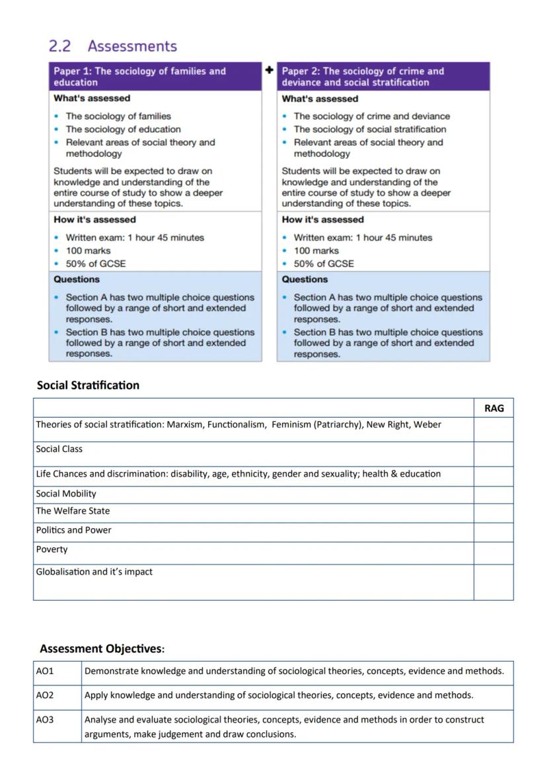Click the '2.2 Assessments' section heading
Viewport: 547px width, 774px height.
point(113,46)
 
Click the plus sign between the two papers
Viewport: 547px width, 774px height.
point(270,69)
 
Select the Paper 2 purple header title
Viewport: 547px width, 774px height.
point(363,77)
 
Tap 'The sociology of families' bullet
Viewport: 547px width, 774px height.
point(118,116)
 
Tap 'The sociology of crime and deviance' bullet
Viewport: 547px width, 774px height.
point(372,116)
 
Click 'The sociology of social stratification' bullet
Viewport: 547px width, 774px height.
point(370,130)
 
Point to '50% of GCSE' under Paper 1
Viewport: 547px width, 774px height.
point(96,264)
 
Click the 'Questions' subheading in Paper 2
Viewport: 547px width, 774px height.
point(305,280)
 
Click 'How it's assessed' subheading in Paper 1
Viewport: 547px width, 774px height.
point(94,220)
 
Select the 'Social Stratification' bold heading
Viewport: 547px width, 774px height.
point(88,385)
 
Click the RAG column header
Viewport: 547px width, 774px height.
point(493,408)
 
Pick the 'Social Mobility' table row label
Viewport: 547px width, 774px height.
point(66,494)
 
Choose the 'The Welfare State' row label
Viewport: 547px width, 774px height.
point(73,511)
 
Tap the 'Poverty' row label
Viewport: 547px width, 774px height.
point(52,549)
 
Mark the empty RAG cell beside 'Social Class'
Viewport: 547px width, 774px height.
point(493,454)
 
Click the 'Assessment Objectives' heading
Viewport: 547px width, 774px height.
point(101,648)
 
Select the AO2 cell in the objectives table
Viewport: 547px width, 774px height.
point(45,695)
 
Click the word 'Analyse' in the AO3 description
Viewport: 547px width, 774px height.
point(100,720)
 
